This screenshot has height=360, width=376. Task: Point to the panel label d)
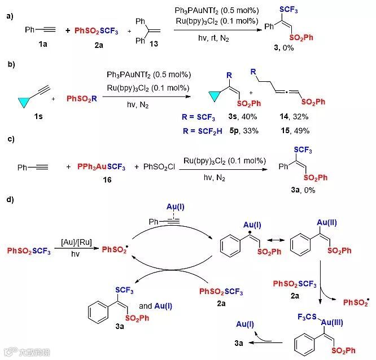pyautogui.click(x=10, y=200)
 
